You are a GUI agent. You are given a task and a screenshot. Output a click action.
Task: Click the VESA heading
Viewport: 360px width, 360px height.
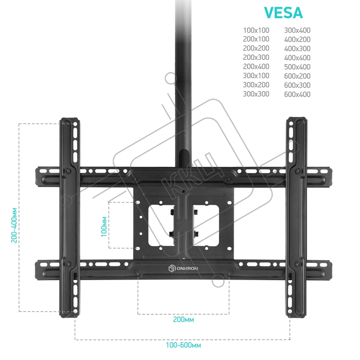click(x=283, y=13)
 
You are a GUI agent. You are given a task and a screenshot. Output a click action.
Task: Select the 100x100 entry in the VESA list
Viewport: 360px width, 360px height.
click(x=256, y=30)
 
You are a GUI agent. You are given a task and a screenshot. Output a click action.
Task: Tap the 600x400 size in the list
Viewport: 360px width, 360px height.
click(x=297, y=94)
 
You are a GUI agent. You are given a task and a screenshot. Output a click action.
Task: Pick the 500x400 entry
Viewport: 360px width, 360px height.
click(x=297, y=67)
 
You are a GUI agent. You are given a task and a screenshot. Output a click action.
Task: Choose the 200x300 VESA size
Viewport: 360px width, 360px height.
click(x=256, y=57)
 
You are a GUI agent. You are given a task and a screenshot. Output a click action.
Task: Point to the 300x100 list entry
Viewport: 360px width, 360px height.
click(x=256, y=76)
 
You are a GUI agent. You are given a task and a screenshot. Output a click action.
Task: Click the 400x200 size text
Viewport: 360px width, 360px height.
click(x=297, y=40)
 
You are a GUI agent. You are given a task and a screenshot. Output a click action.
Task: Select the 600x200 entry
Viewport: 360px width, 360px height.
click(x=297, y=76)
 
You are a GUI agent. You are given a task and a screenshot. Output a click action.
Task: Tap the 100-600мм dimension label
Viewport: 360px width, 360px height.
click(x=184, y=345)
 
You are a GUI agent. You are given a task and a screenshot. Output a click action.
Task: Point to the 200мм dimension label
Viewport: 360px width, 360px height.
click(x=184, y=319)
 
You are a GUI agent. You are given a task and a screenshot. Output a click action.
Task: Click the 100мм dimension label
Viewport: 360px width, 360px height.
click(x=104, y=226)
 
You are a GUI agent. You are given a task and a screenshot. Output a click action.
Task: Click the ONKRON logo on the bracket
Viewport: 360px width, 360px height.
click(x=183, y=269)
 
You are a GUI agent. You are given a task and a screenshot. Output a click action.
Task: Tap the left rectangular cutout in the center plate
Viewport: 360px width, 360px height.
click(x=161, y=225)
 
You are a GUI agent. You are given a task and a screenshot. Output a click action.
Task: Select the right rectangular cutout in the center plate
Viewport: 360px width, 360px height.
click(x=206, y=225)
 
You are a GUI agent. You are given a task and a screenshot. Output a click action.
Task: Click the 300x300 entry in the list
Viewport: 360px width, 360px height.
click(x=256, y=94)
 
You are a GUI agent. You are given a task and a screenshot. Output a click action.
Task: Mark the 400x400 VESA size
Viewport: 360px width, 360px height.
click(x=297, y=58)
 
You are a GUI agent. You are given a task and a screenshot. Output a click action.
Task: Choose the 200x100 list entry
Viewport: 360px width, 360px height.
click(x=256, y=39)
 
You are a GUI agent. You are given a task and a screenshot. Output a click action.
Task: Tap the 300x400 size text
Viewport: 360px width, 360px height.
click(x=297, y=30)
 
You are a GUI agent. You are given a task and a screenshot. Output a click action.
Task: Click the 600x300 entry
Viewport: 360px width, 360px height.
click(x=297, y=85)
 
